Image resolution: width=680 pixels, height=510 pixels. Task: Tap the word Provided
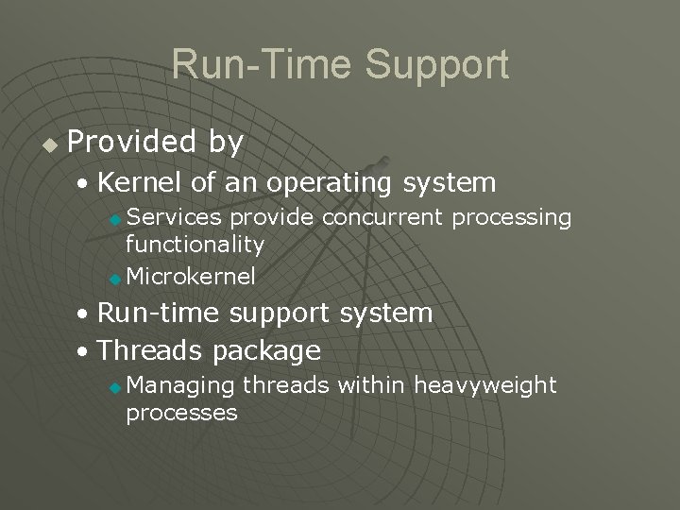tap(130, 142)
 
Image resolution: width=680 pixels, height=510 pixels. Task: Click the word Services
tap(174, 218)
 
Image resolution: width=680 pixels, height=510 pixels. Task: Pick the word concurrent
tap(382, 218)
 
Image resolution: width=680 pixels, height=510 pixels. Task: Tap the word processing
tap(512, 218)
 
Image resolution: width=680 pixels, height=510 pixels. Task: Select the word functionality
tap(195, 245)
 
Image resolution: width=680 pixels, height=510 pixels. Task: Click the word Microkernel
tap(190, 277)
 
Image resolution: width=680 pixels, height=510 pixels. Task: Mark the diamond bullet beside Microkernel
tap(114, 279)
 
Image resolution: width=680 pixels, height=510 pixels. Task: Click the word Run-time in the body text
tap(159, 313)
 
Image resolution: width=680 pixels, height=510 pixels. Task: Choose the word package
tap(267, 350)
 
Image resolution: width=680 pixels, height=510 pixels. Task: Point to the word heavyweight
tap(485, 385)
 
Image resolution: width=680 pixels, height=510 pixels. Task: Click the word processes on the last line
tap(180, 413)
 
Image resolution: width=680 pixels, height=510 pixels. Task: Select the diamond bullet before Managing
tap(114, 386)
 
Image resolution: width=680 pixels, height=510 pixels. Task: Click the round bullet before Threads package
tap(85, 352)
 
